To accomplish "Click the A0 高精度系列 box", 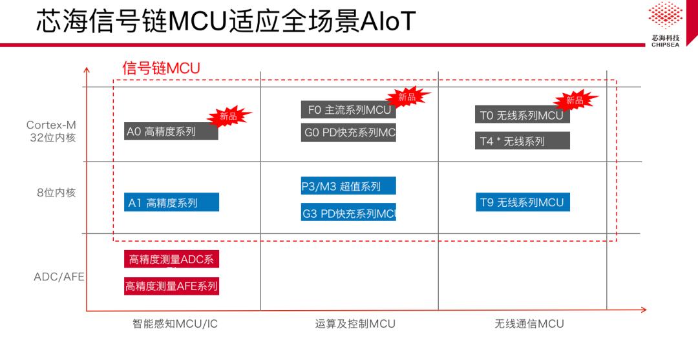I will [x=171, y=132].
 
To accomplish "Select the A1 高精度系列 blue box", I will [x=172, y=202].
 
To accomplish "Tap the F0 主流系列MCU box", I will [x=348, y=110].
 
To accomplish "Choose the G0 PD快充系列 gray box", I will [x=348, y=133].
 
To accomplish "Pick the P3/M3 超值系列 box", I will [x=348, y=186].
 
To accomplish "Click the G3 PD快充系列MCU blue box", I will [x=348, y=213].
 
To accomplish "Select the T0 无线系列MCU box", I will [x=522, y=115].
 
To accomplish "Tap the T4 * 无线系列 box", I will [x=522, y=141].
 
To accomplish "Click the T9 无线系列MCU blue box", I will [x=522, y=202].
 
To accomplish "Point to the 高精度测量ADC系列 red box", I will [x=171, y=259].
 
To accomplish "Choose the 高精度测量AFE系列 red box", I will [x=171, y=286].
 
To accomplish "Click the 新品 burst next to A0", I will [x=228, y=117].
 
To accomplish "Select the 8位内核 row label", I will [x=56, y=193].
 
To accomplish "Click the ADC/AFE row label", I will [x=59, y=277].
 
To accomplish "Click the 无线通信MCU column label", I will [x=529, y=324].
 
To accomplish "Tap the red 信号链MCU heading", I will [x=162, y=68].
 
